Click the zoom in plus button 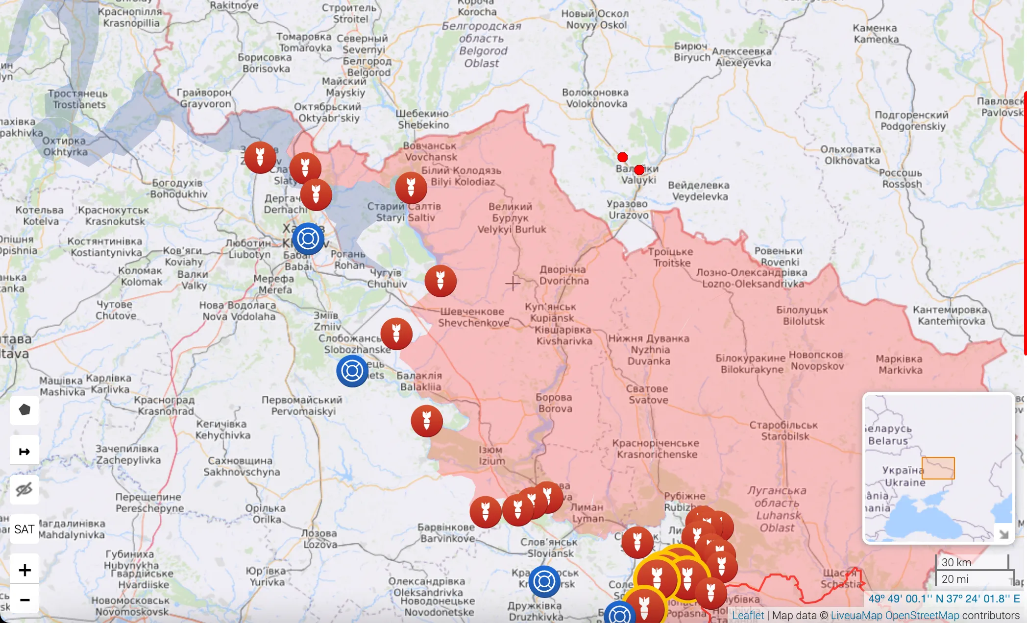24,570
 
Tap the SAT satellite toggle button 24,529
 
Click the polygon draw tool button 24,410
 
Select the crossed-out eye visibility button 24,489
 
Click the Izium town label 491,455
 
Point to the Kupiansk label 551,312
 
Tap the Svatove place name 647,394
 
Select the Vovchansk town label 430,151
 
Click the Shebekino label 422,119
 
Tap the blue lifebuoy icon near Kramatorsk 544,581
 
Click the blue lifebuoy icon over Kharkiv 308,239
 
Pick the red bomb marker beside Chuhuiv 440,281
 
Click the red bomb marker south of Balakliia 426,421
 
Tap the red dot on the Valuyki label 639,170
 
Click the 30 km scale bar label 956,562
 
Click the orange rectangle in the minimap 938,468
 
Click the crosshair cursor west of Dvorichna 513,283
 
